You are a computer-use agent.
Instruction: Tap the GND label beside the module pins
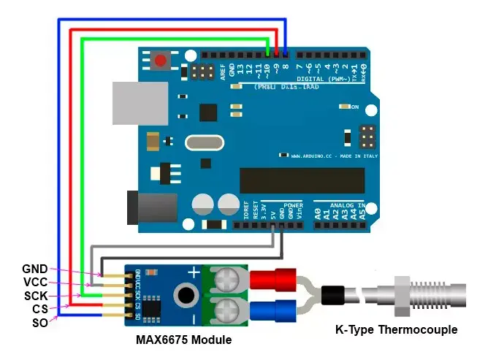pos(34,269)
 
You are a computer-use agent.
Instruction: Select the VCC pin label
pos(34,282)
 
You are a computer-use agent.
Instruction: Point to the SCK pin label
pos(34,296)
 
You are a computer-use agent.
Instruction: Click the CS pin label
pos(39,310)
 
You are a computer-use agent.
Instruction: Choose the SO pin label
pos(39,322)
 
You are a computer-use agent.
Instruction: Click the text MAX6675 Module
pos(183,340)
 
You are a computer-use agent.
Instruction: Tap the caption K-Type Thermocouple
pos(395,330)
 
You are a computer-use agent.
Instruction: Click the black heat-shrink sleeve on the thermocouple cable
pos(334,296)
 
